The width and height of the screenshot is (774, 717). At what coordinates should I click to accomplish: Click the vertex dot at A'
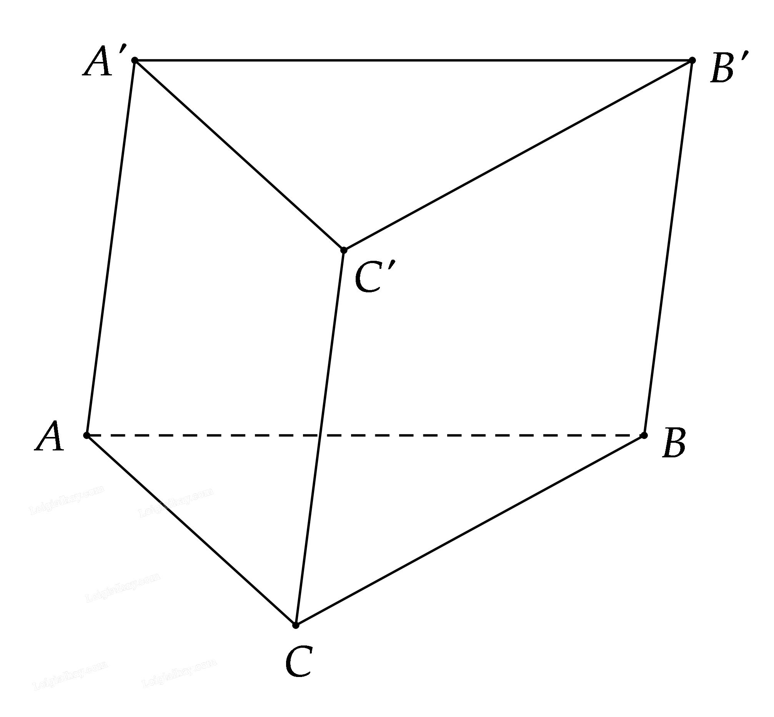135,60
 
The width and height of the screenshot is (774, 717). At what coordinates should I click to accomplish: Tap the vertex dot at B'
692,60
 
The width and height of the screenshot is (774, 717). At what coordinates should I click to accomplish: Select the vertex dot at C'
344,250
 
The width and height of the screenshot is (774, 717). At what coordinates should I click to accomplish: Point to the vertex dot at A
87,435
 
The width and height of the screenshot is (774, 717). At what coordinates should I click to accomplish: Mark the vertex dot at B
644,435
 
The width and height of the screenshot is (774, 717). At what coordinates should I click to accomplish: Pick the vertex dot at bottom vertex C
295,625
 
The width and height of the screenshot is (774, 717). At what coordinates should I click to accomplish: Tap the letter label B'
726,70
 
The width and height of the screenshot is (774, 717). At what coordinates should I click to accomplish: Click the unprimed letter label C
299,662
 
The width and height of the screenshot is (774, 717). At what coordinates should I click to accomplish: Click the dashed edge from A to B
426,435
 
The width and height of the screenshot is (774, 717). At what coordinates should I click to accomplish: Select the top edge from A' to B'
413,60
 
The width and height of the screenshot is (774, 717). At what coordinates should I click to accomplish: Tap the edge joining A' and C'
239,155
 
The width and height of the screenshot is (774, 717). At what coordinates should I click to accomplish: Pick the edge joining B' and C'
518,155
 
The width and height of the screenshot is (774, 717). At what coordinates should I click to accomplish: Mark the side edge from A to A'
110,248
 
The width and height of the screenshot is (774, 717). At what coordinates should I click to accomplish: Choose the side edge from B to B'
668,248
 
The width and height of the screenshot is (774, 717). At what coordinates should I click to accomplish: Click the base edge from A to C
191,530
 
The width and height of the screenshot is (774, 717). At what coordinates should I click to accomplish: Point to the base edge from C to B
469,530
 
